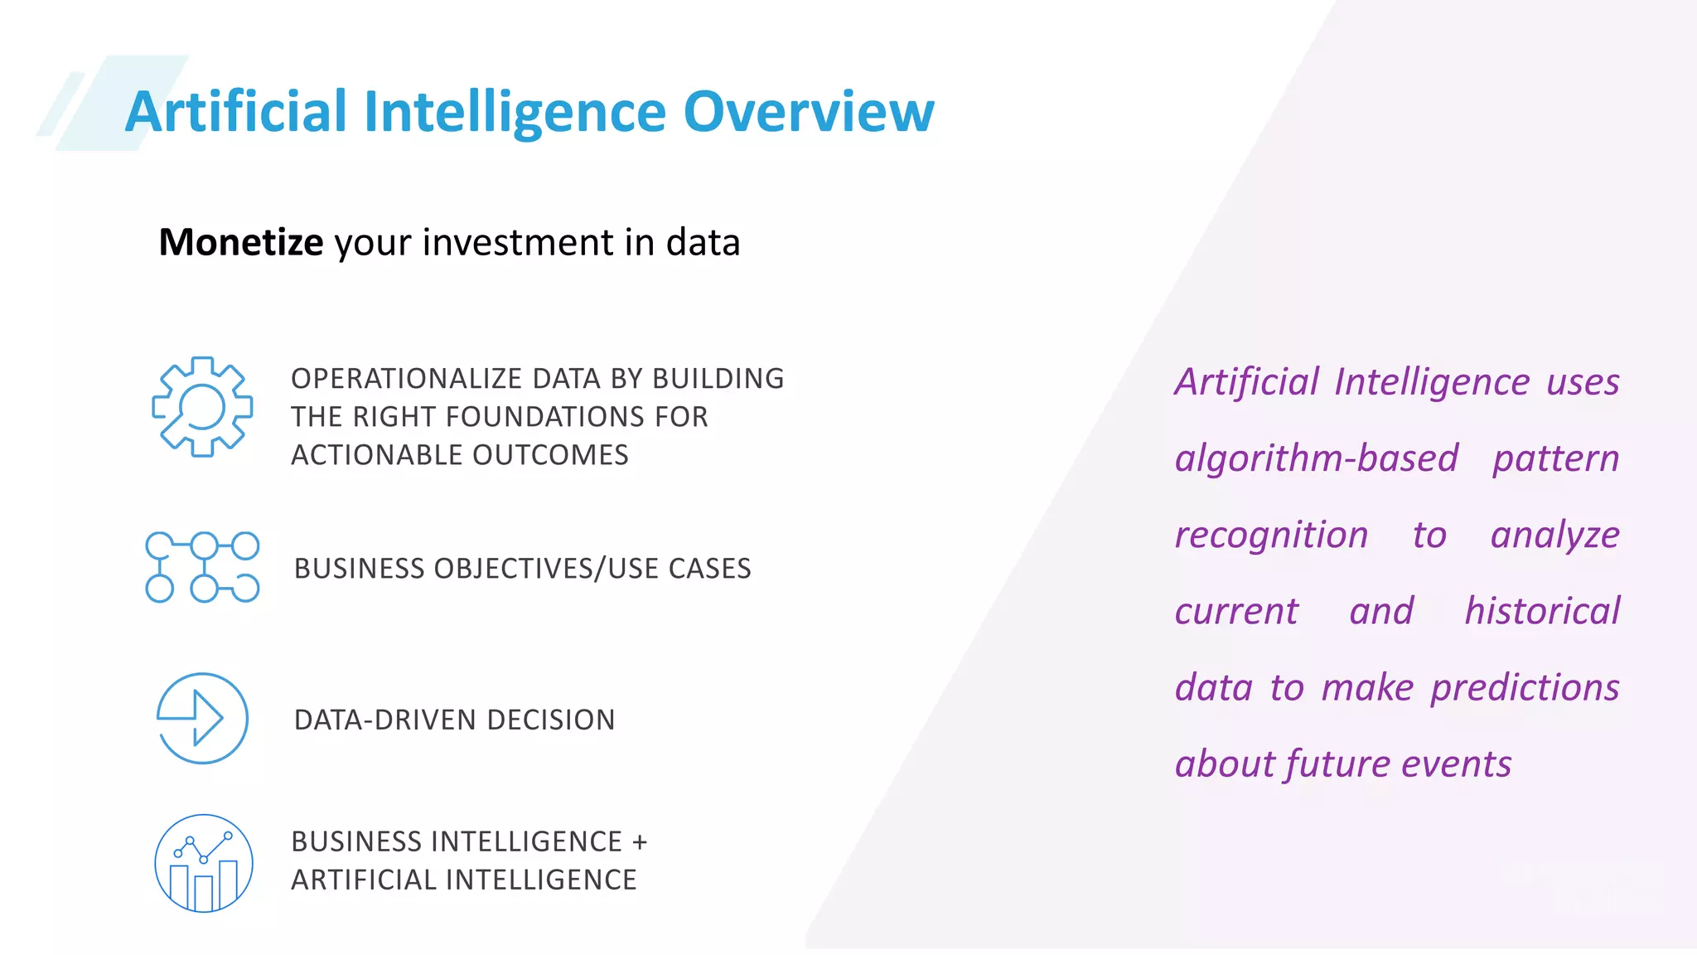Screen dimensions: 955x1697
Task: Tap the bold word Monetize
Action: tap(240, 243)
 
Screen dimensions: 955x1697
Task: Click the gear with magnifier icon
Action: tap(202, 406)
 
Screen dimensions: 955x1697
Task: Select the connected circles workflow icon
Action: tap(202, 567)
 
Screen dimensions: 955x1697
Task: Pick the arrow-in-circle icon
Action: tap(202, 718)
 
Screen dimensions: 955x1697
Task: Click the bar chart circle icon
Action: tap(203, 863)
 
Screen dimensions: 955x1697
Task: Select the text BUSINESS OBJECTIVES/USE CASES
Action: tap(522, 569)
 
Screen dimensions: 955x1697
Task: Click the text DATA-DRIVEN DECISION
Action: tap(454, 720)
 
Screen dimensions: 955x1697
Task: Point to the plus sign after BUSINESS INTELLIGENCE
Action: tap(639, 842)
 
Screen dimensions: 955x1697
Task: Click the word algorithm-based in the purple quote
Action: tap(1316, 458)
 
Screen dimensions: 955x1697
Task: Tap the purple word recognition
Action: tap(1271, 535)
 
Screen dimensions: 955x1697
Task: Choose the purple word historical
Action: tap(1541, 611)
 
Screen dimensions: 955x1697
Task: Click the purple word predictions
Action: tap(1525, 688)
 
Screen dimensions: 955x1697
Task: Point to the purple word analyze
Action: tap(1554, 535)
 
